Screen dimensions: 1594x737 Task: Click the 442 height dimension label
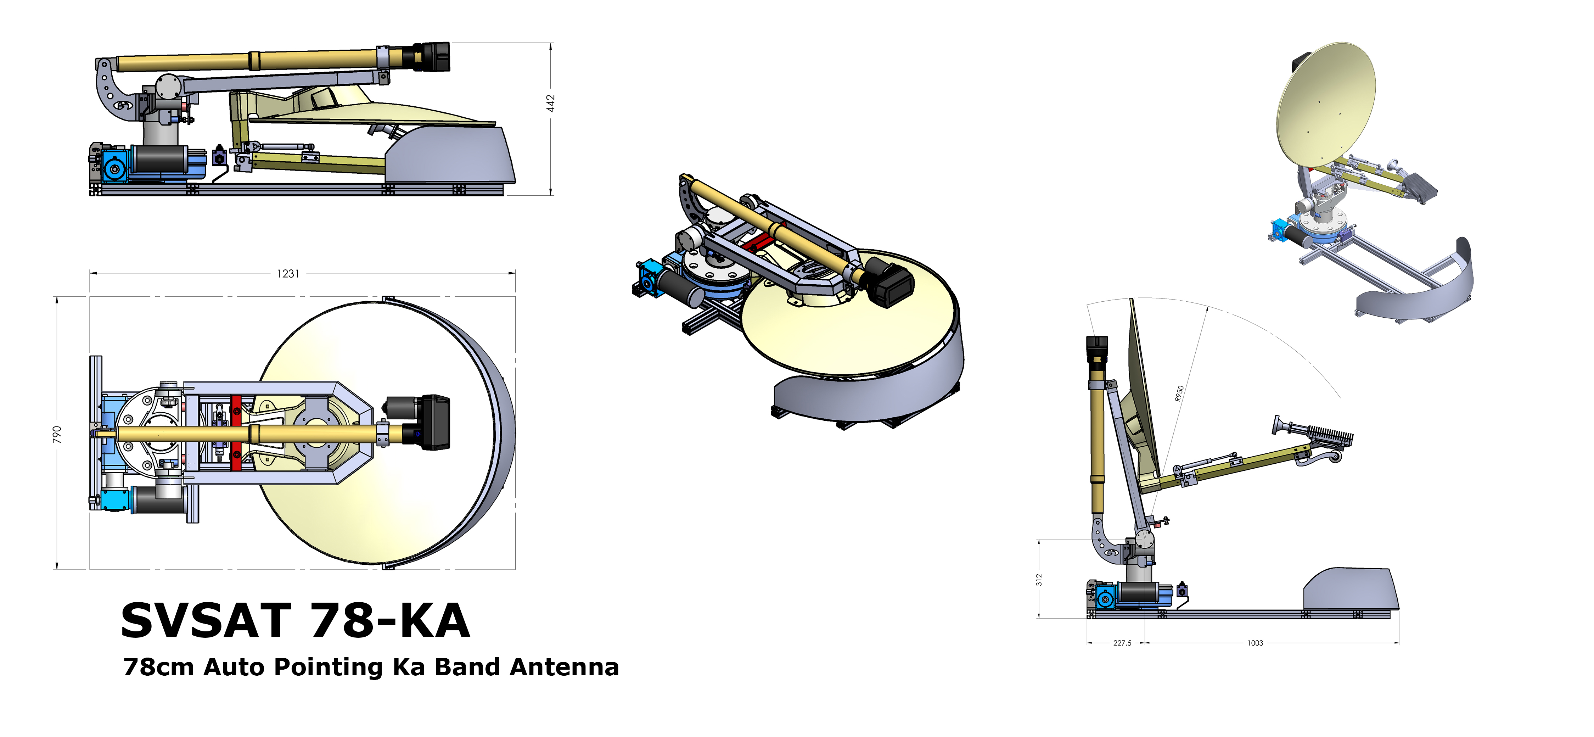550,104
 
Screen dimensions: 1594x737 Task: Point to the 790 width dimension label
57,434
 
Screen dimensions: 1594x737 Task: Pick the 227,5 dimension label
1122,643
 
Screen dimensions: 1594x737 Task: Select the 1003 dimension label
1255,643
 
